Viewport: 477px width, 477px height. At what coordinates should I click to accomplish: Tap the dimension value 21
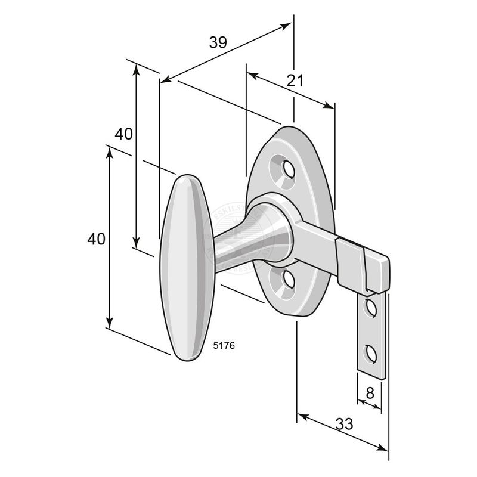point(295,80)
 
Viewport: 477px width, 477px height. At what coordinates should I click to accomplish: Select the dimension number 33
point(344,424)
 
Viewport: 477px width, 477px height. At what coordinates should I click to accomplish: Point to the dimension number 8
point(370,393)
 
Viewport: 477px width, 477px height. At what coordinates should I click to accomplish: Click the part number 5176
point(224,344)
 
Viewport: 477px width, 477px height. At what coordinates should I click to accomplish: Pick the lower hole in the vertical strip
point(371,354)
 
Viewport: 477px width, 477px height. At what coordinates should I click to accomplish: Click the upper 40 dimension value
point(123,134)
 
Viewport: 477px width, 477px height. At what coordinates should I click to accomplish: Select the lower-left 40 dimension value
point(96,239)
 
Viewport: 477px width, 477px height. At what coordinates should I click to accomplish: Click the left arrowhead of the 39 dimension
point(165,79)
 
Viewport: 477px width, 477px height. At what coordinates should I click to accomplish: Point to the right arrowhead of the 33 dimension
point(383,448)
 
